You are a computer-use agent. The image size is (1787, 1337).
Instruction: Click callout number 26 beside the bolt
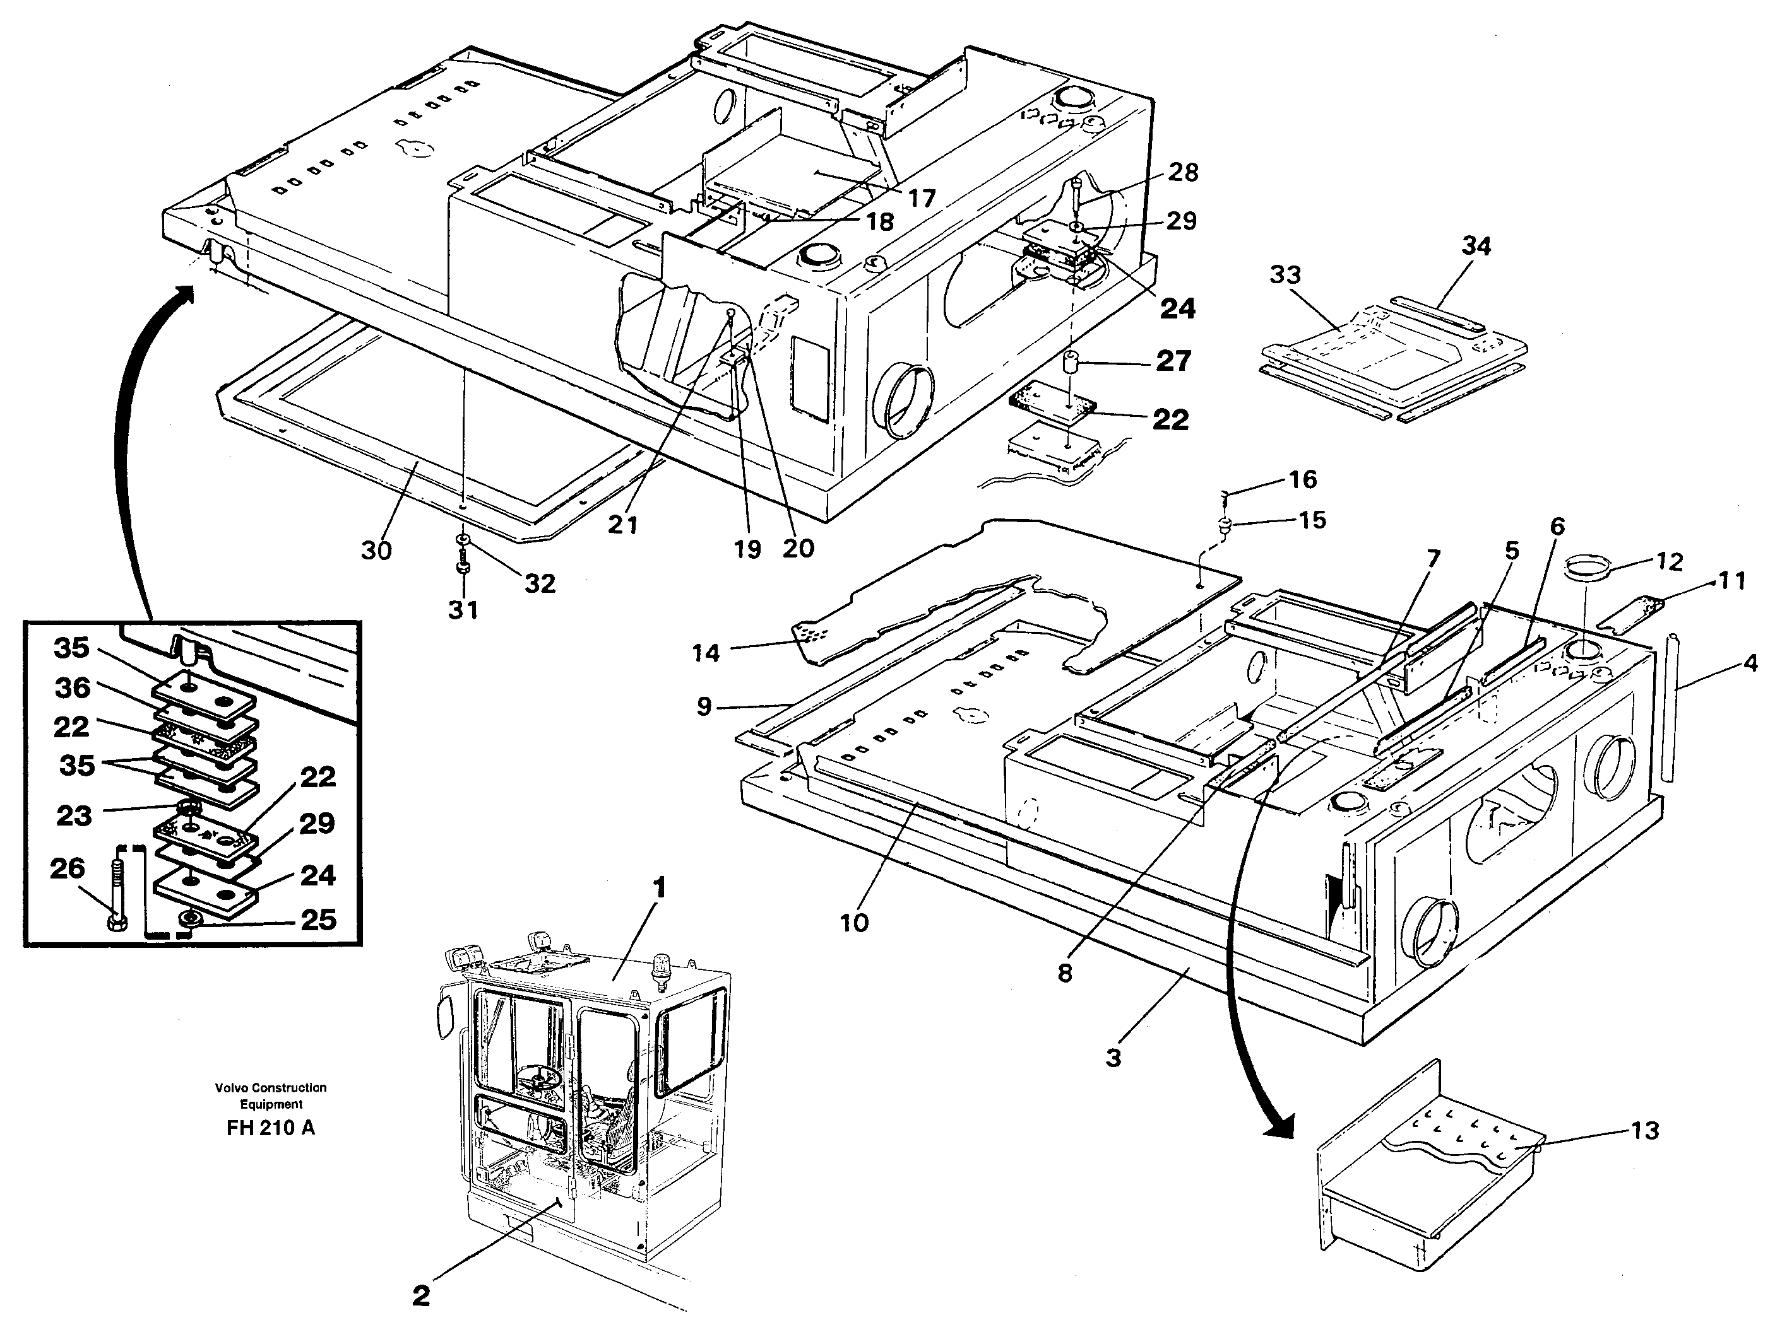tap(67, 868)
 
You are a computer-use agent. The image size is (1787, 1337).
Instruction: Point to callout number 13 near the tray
tap(1644, 1130)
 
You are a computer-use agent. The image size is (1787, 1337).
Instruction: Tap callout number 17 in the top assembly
tap(920, 198)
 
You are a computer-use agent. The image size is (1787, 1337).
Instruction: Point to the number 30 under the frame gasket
tap(376, 550)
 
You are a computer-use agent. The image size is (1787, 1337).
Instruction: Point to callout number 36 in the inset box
tap(72, 688)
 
